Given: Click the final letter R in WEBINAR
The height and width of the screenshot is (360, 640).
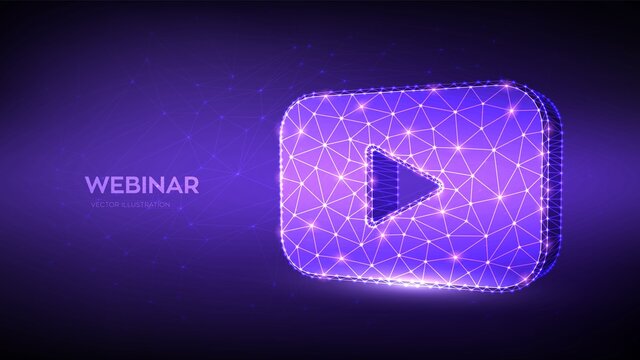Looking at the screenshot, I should point(194,185).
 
